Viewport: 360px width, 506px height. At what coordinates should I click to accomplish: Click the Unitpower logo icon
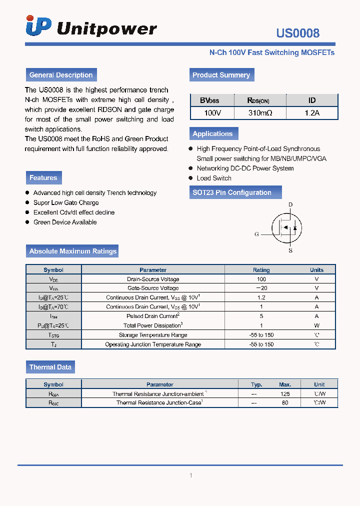click(38, 26)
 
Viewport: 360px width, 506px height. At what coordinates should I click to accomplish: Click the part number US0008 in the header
click(297, 33)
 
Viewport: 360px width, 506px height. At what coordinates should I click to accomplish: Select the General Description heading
click(61, 75)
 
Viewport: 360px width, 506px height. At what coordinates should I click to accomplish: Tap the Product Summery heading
click(221, 75)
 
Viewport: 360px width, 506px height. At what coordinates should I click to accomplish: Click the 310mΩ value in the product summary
click(260, 113)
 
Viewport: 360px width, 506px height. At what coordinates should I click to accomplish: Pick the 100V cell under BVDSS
click(212, 113)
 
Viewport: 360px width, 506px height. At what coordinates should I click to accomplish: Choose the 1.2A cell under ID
click(312, 113)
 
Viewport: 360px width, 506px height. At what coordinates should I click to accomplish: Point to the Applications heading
click(212, 133)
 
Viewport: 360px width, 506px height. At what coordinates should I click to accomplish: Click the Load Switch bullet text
click(214, 178)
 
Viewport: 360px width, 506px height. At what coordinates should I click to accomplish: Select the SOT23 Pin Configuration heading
click(232, 192)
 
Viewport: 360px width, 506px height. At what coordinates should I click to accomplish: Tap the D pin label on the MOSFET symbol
click(290, 204)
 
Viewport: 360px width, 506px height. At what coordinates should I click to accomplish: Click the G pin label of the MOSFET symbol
click(256, 234)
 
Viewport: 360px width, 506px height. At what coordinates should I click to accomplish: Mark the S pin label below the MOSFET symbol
click(290, 250)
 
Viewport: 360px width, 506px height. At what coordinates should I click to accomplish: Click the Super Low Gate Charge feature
click(66, 202)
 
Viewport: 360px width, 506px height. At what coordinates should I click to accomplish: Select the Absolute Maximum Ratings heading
click(73, 251)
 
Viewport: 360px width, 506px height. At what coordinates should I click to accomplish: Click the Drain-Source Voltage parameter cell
click(153, 279)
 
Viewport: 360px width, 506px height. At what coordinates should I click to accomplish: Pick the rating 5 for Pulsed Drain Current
click(261, 316)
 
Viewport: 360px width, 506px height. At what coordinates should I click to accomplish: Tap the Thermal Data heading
click(50, 367)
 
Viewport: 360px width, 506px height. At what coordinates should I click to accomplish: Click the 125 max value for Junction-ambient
click(285, 394)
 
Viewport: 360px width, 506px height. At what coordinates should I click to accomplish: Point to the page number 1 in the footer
click(191, 475)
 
